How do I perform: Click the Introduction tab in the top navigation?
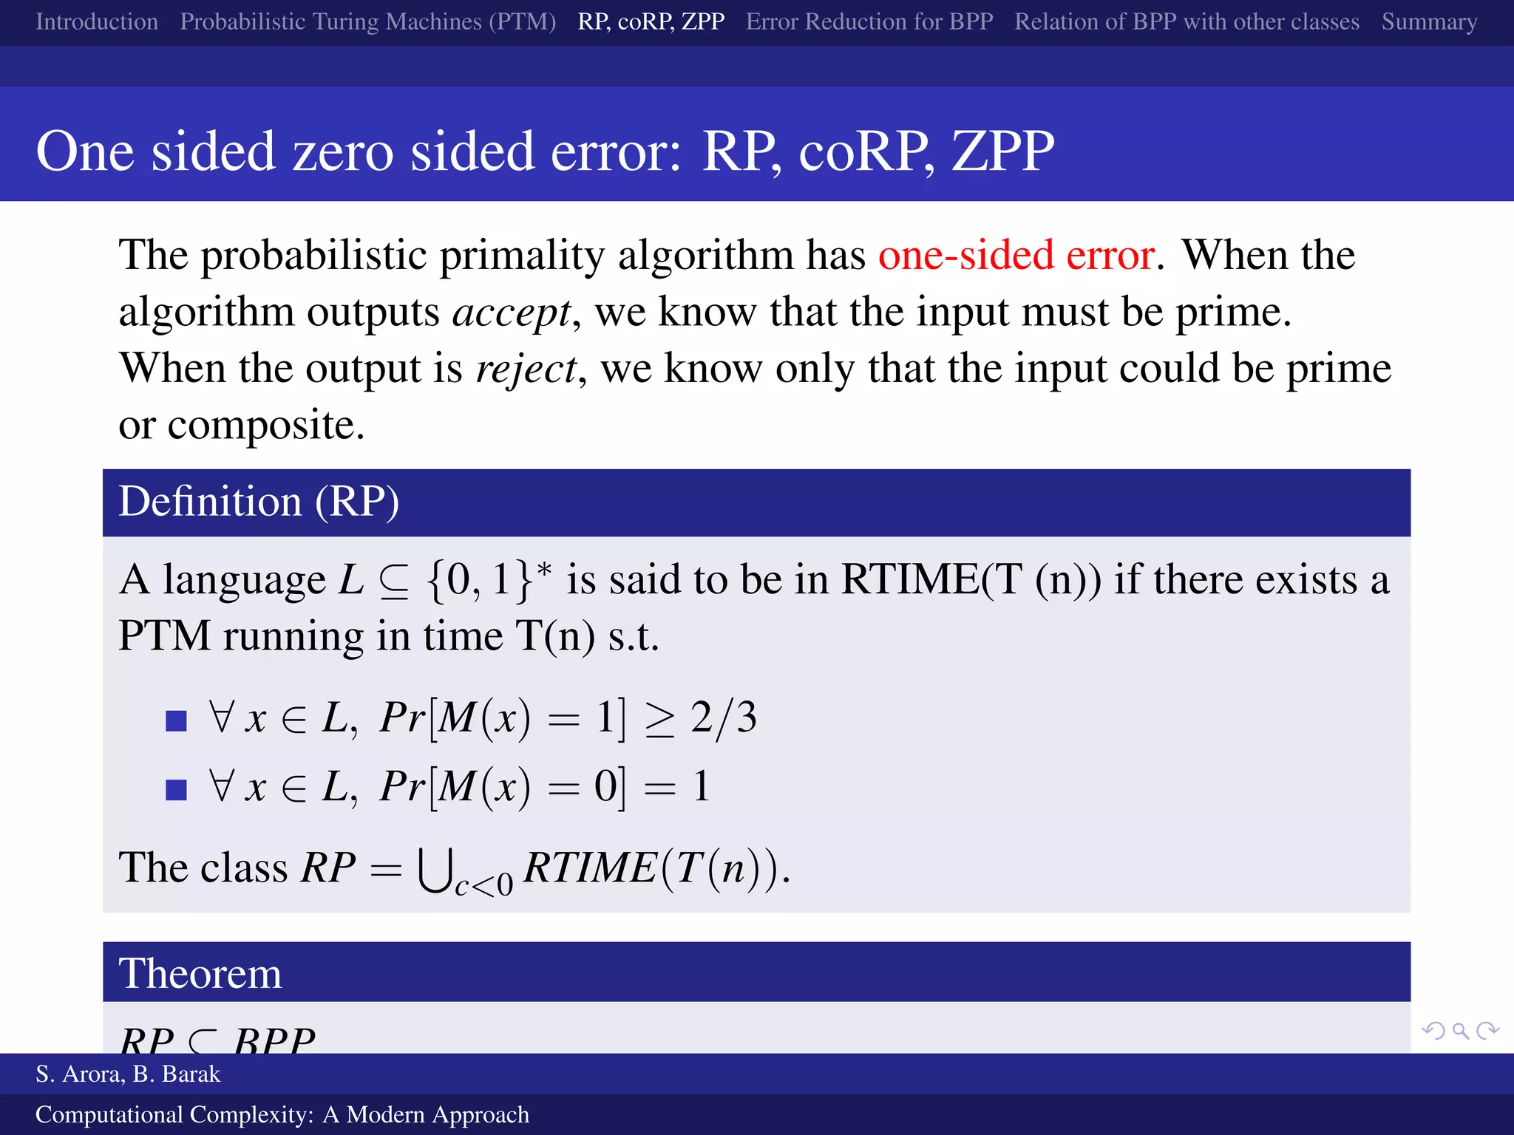(97, 21)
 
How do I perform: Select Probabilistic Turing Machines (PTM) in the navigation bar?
(367, 21)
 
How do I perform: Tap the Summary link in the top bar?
(1429, 21)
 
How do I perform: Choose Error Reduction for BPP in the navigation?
(869, 21)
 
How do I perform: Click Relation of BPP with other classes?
(1187, 21)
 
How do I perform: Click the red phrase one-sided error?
(1016, 256)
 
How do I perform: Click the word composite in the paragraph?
(266, 426)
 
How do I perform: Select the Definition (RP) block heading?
(259, 502)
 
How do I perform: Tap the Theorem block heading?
(200, 973)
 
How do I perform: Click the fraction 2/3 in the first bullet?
(724, 717)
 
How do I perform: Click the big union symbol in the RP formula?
(434, 870)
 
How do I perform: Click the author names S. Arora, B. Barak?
(128, 1074)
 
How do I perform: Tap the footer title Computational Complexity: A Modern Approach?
(282, 1114)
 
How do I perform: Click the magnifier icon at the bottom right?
(1460, 1030)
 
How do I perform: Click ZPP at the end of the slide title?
(1002, 151)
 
